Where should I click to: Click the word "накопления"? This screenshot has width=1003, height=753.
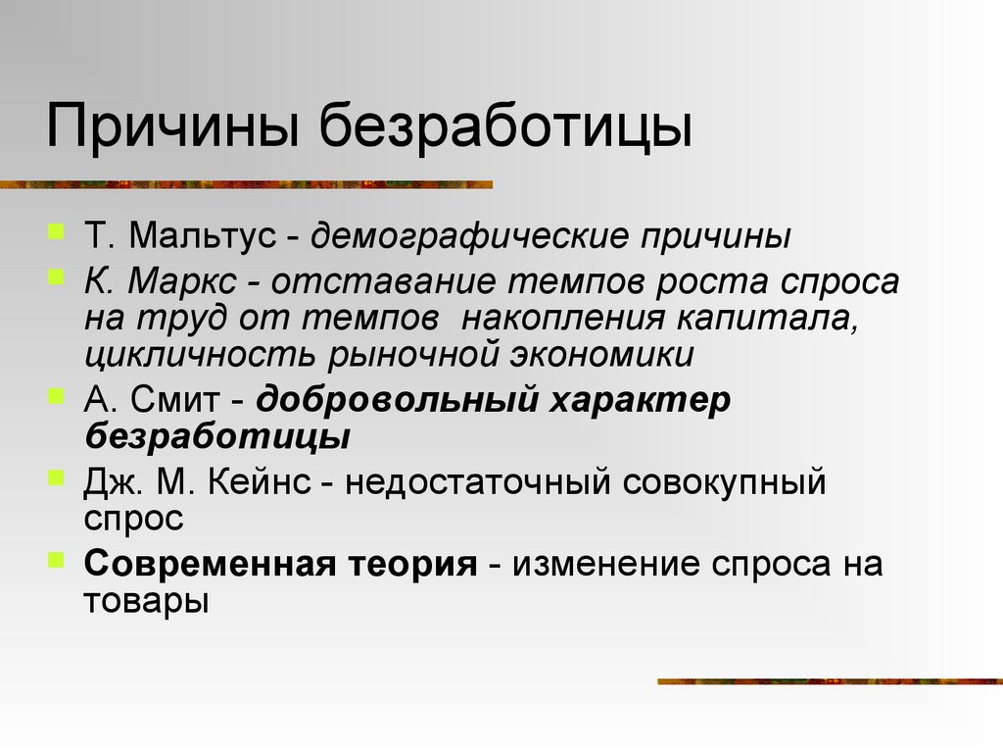(x=559, y=318)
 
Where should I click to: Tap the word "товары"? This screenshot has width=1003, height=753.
(x=146, y=599)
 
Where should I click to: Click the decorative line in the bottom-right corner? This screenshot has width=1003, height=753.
(x=829, y=680)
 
